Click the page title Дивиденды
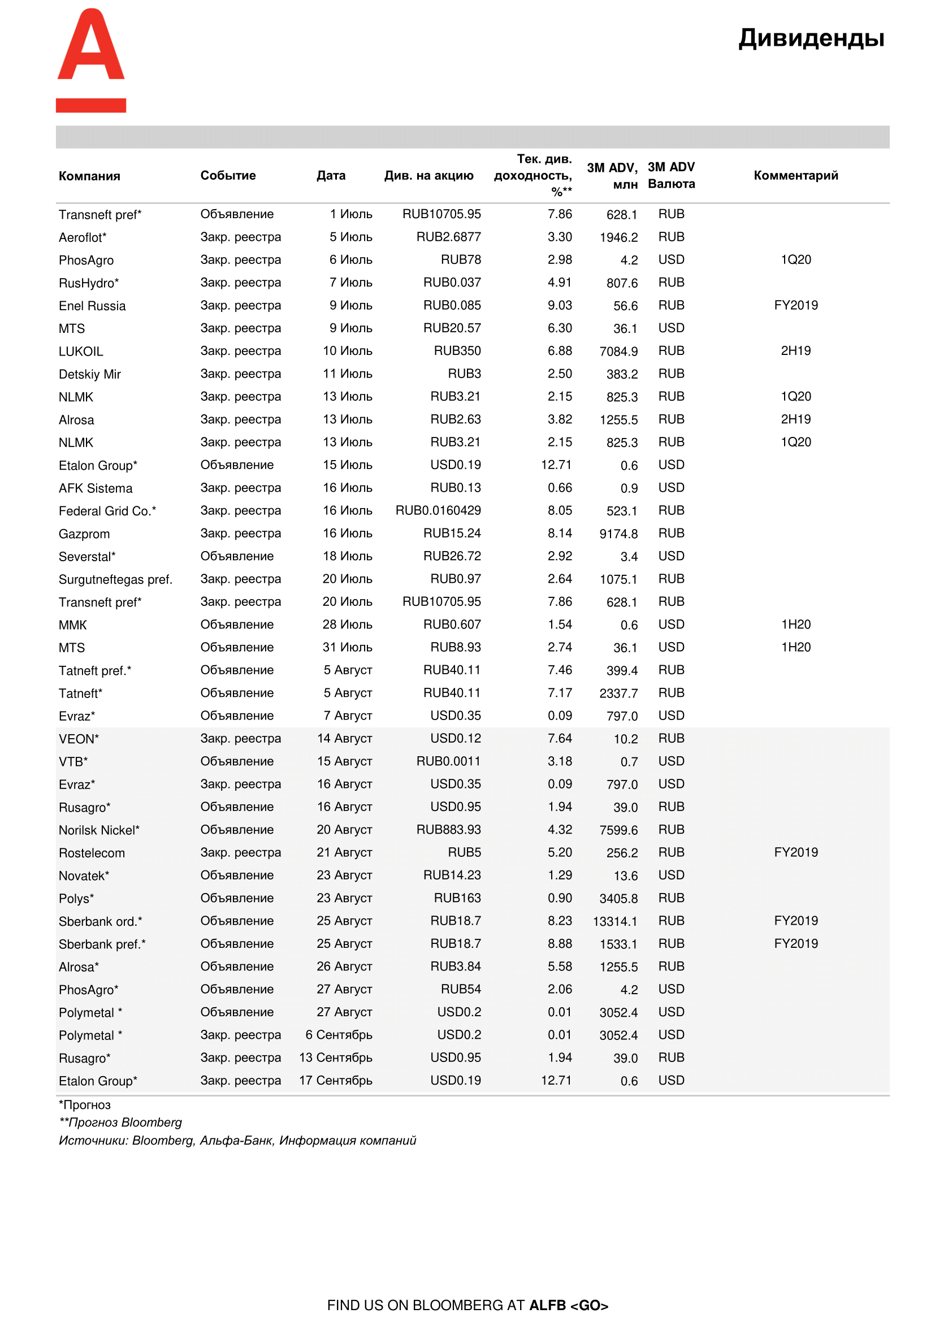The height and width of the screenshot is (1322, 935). [811, 38]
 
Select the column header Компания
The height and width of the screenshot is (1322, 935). [89, 176]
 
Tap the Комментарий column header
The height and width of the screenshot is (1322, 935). [796, 176]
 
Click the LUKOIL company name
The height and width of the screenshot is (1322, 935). [81, 351]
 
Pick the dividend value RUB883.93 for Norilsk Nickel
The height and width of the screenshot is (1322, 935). [448, 830]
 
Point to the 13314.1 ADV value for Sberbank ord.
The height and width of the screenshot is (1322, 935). [615, 921]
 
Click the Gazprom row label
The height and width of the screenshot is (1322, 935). [84, 534]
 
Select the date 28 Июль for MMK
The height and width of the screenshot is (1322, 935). [347, 625]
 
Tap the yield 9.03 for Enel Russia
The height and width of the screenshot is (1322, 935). [560, 305]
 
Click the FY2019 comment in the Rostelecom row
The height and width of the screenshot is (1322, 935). [796, 852]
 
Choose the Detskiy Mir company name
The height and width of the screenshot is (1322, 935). [90, 374]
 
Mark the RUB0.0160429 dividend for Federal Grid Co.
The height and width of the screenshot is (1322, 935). [438, 511]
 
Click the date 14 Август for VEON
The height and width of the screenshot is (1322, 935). [344, 739]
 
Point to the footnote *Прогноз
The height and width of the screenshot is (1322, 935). [85, 1105]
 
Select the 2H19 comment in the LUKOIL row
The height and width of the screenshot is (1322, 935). [796, 350]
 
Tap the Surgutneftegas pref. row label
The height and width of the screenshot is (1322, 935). [115, 579]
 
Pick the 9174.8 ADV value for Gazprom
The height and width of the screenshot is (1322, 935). [618, 534]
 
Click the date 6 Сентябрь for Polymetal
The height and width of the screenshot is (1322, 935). [339, 1035]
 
